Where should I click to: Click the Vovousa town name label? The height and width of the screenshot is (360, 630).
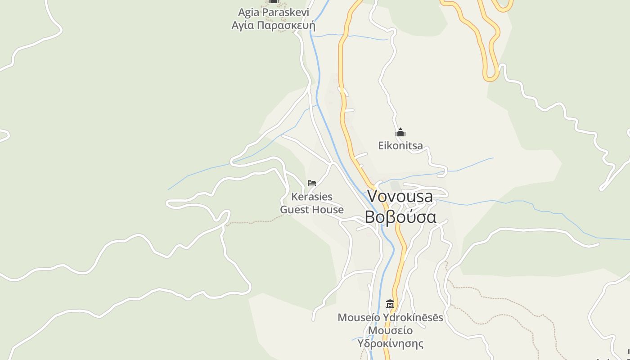pos(400,196)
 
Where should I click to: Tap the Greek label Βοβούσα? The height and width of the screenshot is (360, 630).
pos(400,217)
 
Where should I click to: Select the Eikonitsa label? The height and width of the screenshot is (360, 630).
pos(400,145)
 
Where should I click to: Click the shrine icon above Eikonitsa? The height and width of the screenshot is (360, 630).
pos(400,133)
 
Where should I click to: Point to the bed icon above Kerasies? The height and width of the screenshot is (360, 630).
pos(312,183)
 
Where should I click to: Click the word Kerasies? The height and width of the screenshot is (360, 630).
pos(312,197)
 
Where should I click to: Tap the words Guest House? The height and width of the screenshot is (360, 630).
pos(312,210)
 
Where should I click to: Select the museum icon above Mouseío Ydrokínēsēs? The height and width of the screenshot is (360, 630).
pos(390,304)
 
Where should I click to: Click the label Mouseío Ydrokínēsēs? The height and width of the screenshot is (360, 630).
pos(390,318)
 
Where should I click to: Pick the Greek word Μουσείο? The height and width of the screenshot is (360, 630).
pos(390,331)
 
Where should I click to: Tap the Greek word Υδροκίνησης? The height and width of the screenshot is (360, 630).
pos(390,344)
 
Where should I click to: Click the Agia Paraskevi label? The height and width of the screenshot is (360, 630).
pos(274,12)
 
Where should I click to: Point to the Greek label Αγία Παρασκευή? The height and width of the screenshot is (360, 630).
pos(274,25)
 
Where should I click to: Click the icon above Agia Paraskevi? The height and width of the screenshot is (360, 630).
pos(274,1)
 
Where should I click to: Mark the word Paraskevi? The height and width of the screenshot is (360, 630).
pos(286,12)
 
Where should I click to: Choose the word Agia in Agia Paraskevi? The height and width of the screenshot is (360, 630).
pos(249,12)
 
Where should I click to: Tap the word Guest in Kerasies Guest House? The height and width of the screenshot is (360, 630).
pos(295,210)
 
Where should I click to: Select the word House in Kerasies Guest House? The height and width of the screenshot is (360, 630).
pos(328,210)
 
